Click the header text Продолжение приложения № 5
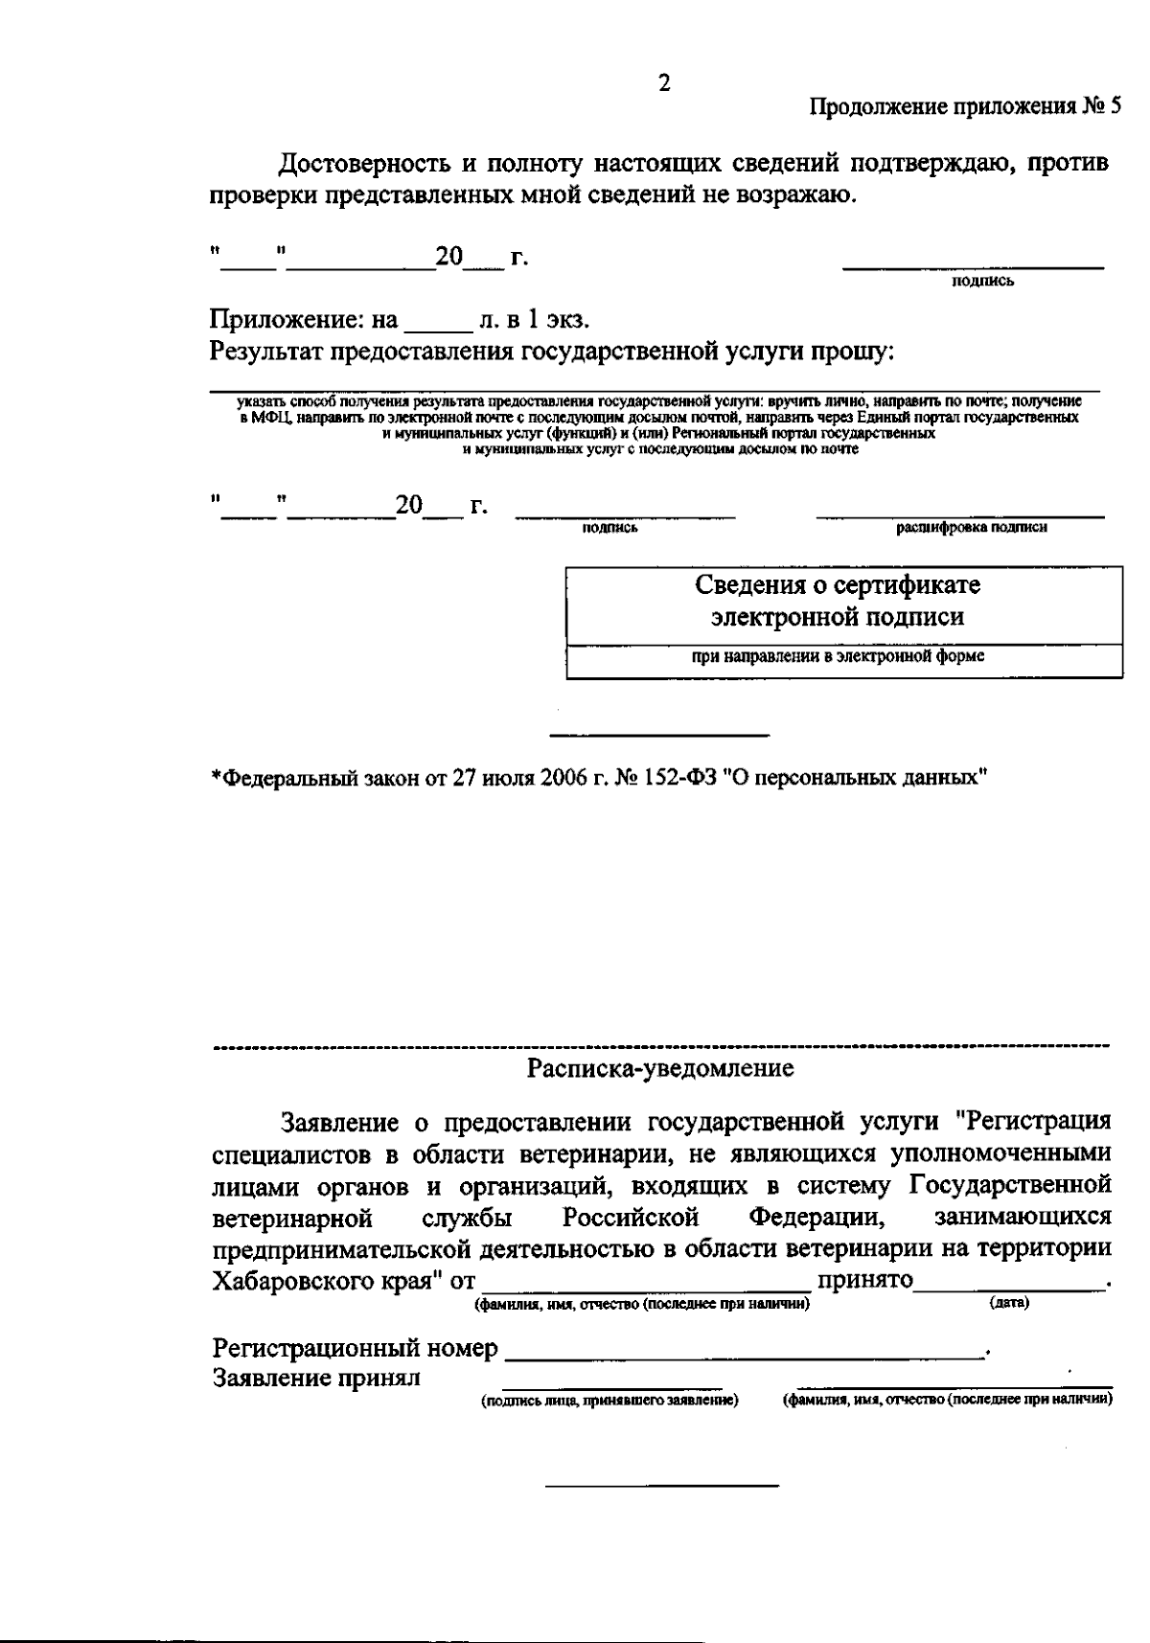click(x=965, y=106)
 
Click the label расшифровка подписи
click(x=971, y=527)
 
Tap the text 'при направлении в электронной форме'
click(x=839, y=657)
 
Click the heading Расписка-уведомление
click(x=661, y=1068)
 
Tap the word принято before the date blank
click(x=862, y=1282)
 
